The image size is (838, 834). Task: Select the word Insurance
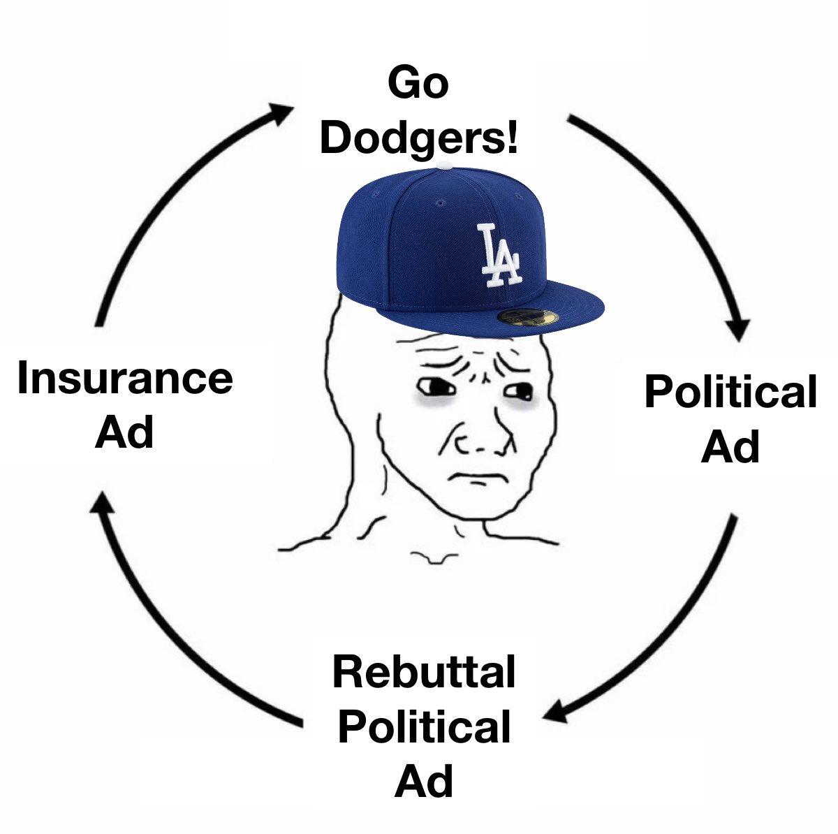125,378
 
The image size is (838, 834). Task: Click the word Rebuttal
424,672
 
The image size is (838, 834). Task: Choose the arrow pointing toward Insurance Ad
168,629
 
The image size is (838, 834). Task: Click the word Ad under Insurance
124,432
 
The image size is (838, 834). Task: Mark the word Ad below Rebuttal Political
424,780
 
